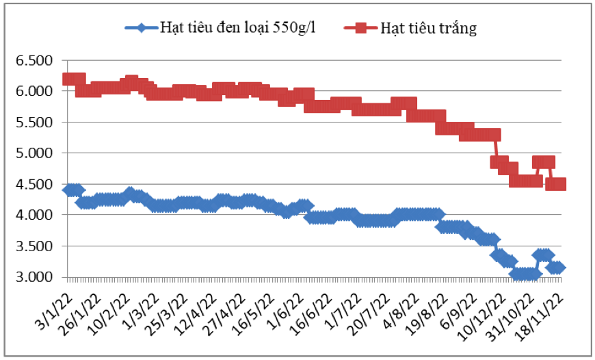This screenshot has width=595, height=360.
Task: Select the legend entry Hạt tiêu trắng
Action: (428, 28)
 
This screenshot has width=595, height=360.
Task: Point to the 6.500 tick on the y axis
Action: (35, 61)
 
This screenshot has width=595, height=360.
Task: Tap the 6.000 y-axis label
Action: (35, 92)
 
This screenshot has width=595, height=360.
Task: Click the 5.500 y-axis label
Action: (35, 123)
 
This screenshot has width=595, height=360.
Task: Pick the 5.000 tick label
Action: (35, 153)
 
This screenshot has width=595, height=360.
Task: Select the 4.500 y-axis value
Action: (35, 184)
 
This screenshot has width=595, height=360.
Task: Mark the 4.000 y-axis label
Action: (35, 215)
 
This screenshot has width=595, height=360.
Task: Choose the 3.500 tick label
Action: (35, 246)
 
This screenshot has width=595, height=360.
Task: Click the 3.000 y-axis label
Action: (35, 277)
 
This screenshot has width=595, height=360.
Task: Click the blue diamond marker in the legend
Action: (141, 28)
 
